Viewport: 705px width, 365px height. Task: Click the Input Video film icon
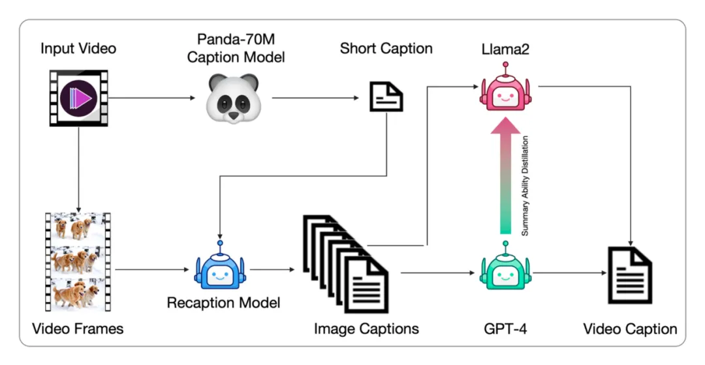78,98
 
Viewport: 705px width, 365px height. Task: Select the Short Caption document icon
386,97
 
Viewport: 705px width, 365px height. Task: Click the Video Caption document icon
629,274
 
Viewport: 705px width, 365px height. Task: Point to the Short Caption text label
386,49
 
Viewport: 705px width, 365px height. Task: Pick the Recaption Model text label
223,303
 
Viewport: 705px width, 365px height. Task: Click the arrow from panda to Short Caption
316,98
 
